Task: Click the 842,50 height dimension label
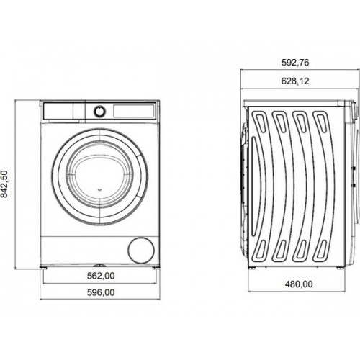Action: (4, 184)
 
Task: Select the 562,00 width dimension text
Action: (101, 276)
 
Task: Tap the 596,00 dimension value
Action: (101, 292)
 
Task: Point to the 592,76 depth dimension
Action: (295, 63)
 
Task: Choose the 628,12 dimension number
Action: (295, 81)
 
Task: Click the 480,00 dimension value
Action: (299, 284)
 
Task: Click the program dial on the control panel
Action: (99, 111)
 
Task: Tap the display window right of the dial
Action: (133, 111)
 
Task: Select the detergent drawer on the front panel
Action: (64, 111)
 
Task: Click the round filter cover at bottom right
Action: (141, 251)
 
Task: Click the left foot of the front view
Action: (44, 267)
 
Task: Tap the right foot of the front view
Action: (156, 267)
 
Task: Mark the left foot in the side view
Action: (252, 268)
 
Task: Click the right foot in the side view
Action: (341, 268)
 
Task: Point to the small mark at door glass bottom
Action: (100, 190)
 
